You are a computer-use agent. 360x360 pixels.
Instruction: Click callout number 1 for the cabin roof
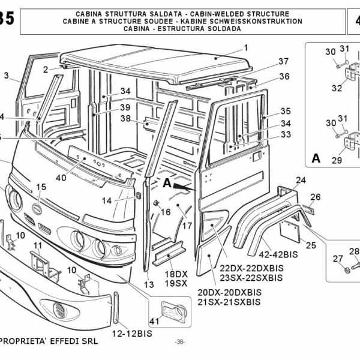pos(245,47)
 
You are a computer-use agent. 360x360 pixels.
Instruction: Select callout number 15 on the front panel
pos(41,187)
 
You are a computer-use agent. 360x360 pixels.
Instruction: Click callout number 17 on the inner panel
pos(187,226)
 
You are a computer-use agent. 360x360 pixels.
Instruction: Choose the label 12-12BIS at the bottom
pos(131,333)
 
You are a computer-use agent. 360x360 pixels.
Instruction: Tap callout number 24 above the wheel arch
pos(300,180)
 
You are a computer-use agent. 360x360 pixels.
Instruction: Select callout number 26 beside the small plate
pos(316,196)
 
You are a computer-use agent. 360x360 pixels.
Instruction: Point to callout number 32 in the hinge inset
pos(337,88)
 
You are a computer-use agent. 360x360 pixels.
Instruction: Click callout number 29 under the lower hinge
pos(337,160)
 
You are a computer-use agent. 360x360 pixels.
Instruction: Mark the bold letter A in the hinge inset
pos(316,158)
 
